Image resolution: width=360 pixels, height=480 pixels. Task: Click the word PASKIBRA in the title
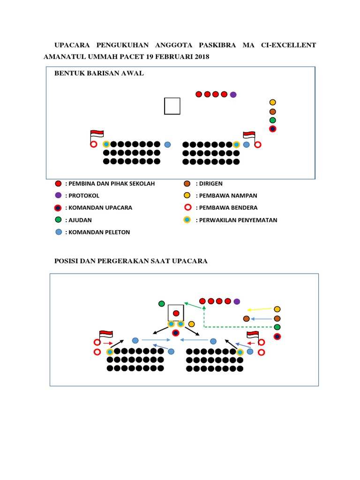pos(217,45)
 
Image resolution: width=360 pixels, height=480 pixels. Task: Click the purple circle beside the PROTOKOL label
pos(58,195)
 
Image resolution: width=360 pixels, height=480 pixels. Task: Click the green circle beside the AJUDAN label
pos(58,220)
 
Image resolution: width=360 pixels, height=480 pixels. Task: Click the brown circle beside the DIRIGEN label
pos(187,183)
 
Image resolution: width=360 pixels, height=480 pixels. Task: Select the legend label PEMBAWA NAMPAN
pos(226,195)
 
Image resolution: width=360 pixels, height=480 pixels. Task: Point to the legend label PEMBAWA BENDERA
pos(226,208)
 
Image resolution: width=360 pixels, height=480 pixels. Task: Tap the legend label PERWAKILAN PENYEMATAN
pos(236,220)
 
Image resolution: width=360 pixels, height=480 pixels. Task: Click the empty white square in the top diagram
pos(172,106)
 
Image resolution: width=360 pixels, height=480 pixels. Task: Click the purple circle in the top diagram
pos(233,95)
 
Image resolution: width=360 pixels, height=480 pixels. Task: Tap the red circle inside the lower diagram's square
pos(176,313)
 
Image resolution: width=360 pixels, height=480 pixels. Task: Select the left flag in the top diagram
pos(97,135)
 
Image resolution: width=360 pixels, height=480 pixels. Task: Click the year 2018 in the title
pos(200,57)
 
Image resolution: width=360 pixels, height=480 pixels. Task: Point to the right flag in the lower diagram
pos(253,335)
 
